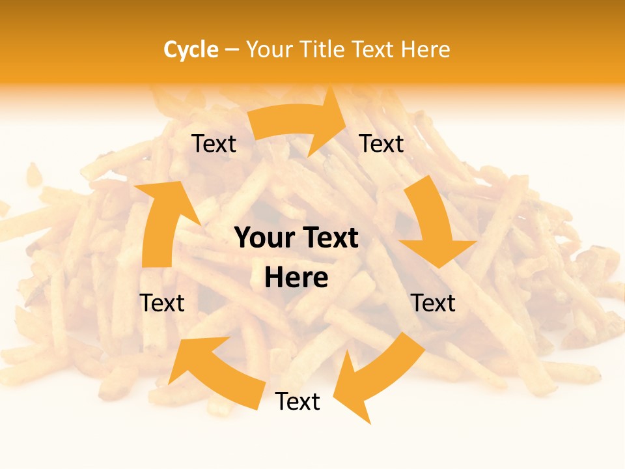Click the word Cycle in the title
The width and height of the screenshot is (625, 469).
tap(191, 50)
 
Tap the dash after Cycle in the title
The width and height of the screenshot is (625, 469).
tap(232, 50)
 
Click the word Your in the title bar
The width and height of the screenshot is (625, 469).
tap(270, 50)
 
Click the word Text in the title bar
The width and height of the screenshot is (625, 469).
tap(375, 50)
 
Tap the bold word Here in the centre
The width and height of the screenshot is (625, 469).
tap(296, 278)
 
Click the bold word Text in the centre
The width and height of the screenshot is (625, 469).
tap(328, 238)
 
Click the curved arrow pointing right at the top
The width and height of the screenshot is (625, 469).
tap(296, 124)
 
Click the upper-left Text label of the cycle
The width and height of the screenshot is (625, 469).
tap(214, 144)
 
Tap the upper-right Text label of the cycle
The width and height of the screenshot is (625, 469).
tap(382, 144)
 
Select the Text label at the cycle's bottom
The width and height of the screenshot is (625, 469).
tap(298, 402)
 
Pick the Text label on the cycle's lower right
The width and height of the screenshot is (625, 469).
tap(433, 303)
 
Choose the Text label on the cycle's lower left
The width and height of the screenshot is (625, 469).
tap(162, 303)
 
